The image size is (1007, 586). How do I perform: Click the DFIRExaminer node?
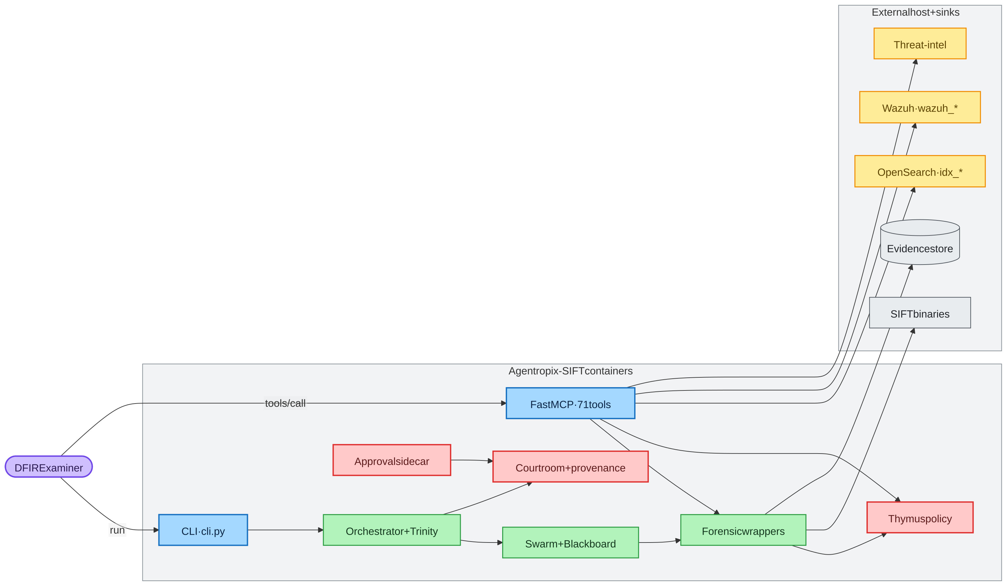[x=49, y=466]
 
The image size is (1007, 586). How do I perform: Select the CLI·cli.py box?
[x=203, y=530]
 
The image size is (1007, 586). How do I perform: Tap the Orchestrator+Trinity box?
[x=392, y=530]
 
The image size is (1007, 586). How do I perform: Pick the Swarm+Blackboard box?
[x=570, y=543]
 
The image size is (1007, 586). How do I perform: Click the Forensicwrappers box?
[x=743, y=530]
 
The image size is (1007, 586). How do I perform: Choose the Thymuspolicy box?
[x=920, y=517]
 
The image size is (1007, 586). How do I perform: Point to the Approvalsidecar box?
[x=392, y=460]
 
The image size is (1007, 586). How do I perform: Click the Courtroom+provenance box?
[x=570, y=466]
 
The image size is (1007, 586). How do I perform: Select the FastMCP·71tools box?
[x=570, y=403]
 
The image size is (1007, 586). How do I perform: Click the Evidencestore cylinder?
[x=920, y=242]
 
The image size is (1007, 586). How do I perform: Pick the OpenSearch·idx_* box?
[x=920, y=171]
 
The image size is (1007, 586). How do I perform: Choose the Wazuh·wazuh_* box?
[x=920, y=107]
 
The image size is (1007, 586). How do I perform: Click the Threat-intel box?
[x=920, y=43]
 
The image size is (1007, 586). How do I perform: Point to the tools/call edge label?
[x=285, y=403]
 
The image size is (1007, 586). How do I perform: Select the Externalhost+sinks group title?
[x=916, y=12]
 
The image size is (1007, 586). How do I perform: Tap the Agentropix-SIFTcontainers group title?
[x=570, y=371]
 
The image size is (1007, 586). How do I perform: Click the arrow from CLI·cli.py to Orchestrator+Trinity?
[x=285, y=530]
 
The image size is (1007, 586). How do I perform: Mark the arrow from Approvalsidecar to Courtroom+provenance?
[x=472, y=460]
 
